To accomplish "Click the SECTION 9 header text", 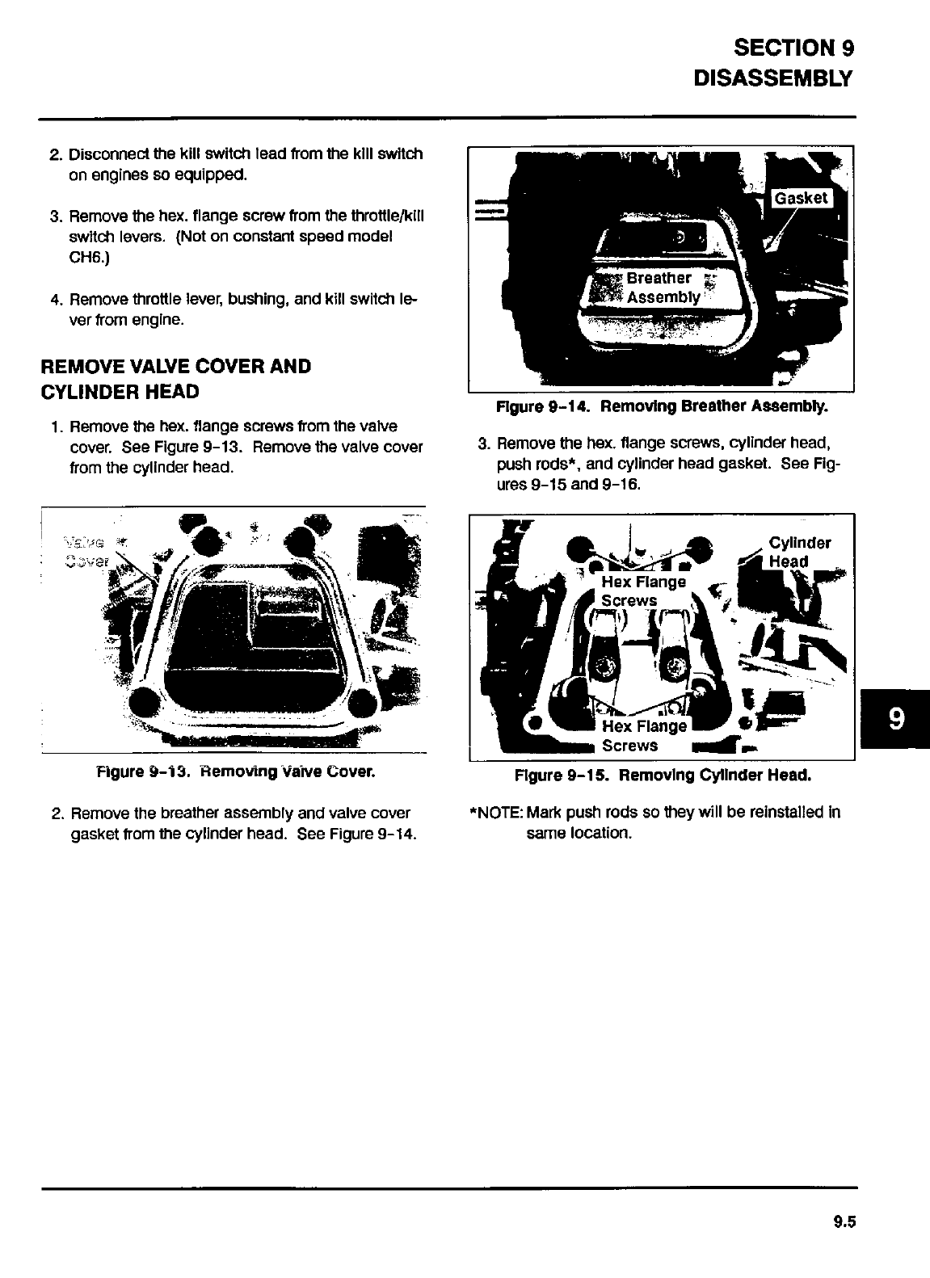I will (793, 48).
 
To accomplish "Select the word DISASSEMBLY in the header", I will (773, 78).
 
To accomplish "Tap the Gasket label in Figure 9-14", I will (802, 199).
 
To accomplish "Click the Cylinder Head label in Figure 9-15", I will (798, 552).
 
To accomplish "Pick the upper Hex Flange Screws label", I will (642, 591).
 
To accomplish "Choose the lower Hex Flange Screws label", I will (643, 735).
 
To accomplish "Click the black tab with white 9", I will (895, 718).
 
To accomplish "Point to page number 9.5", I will (844, 1222).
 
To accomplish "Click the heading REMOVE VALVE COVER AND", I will (176, 367).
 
